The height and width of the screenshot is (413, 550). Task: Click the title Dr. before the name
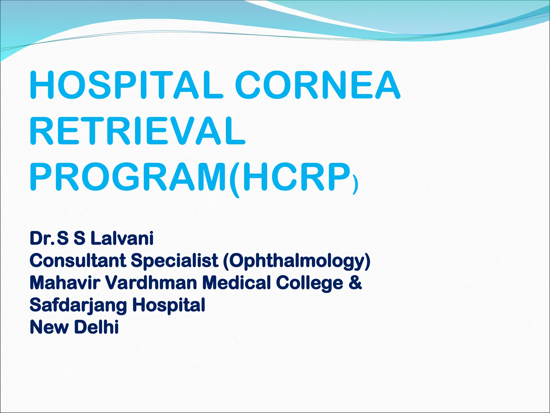[42, 238]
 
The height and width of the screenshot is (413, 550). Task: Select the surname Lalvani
[122, 238]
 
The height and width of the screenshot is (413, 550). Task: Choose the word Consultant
[78, 261]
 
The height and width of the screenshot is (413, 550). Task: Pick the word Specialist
[175, 261]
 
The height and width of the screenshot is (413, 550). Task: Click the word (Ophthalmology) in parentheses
[296, 261]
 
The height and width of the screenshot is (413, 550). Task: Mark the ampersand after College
[355, 283]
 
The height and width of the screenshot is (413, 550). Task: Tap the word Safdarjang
[78, 305]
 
